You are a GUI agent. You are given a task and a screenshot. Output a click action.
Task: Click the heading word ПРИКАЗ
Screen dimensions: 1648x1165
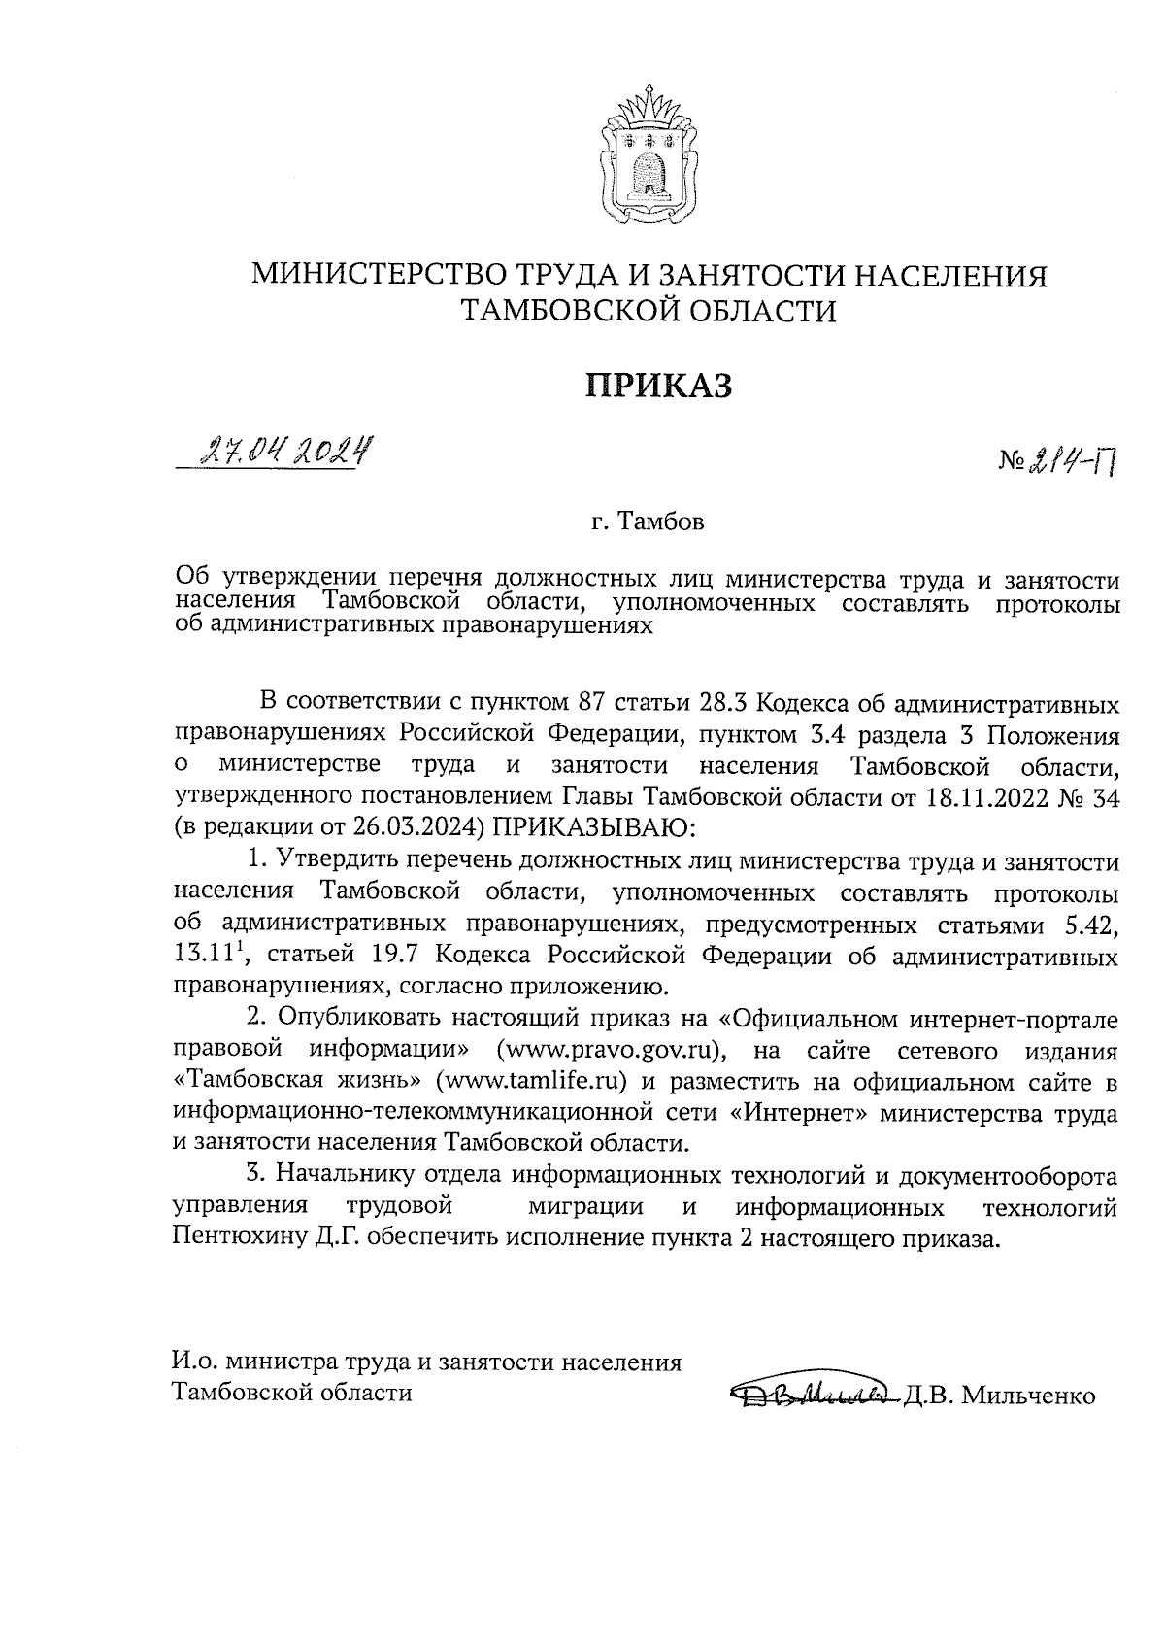[x=656, y=386]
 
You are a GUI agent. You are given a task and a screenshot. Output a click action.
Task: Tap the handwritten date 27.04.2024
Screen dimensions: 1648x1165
[x=285, y=451]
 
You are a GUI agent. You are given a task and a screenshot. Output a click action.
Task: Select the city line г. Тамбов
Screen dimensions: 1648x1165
[x=648, y=523]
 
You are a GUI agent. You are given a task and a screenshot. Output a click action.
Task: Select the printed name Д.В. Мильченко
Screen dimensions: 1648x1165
[x=1000, y=1396]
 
